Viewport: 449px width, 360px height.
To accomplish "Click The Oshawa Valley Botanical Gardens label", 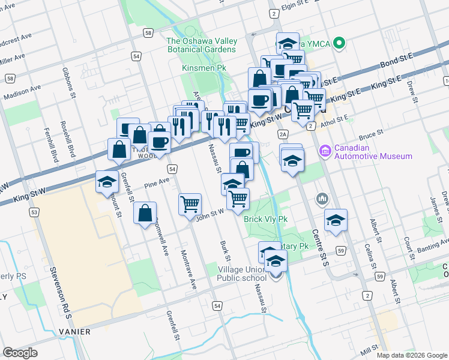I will tap(202, 46).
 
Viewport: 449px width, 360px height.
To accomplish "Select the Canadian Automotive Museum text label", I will tap(373, 152).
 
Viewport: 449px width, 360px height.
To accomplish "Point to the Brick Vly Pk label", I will tap(265, 219).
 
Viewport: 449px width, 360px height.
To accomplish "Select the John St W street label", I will tap(209, 212).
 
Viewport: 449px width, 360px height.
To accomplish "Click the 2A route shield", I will tap(283, 134).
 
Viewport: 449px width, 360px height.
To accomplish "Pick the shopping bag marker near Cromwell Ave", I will tap(145, 213).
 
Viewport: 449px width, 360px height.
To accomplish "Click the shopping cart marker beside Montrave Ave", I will tap(190, 204).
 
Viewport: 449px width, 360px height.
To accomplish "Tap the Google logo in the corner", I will tap(20, 353).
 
